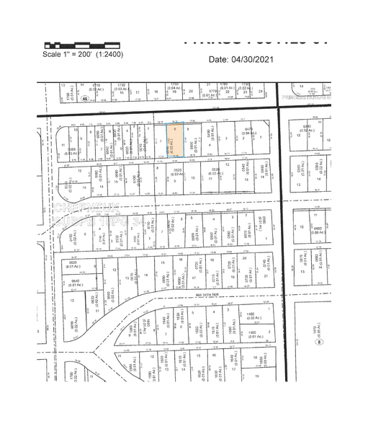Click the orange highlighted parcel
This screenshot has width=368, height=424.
pos(176,140)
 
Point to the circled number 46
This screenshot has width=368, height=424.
pos(84,98)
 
